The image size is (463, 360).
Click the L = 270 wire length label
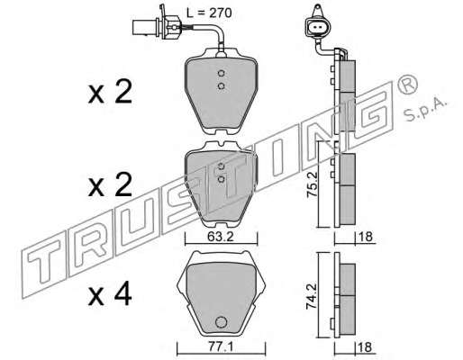[209, 13]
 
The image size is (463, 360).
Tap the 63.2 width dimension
[220, 237]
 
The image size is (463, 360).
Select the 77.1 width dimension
[220, 347]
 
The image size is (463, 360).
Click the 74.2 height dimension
[310, 297]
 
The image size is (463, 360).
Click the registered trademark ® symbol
[407, 84]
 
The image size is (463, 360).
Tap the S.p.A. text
[425, 110]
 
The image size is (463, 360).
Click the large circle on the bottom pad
[222, 322]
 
